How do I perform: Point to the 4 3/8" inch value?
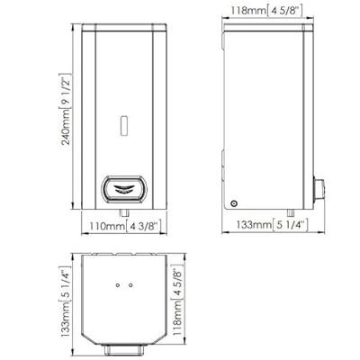click(143, 226)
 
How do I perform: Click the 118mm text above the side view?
click(248, 11)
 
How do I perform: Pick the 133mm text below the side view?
click(254, 224)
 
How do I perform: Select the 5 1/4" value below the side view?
click(290, 225)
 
